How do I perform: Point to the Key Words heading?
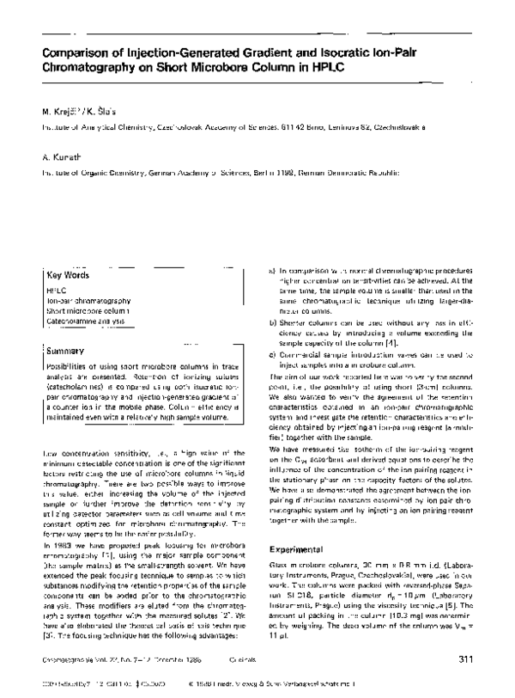point(67,276)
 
